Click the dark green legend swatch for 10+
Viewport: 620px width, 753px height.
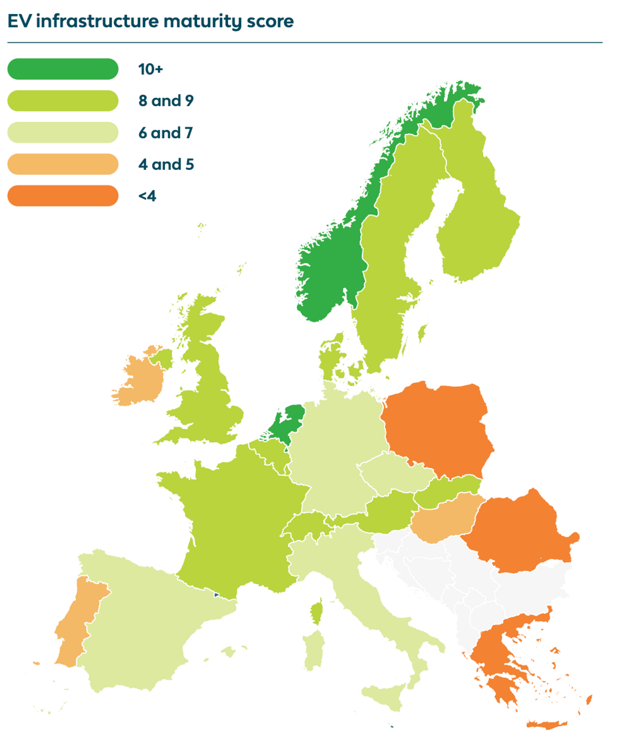tap(63, 69)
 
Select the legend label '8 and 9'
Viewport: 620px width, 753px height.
tap(166, 101)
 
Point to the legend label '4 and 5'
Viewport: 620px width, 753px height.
tap(166, 164)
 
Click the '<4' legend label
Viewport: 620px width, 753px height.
tap(147, 196)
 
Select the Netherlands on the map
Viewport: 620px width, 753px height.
tap(286, 426)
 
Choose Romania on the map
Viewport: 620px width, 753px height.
tap(518, 532)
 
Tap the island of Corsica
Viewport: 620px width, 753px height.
tap(316, 614)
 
